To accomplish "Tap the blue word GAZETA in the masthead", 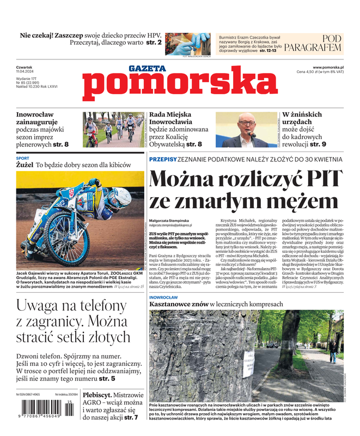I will (x=147, y=69).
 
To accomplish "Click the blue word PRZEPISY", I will (x=162, y=159).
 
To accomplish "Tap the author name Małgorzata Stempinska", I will (x=173, y=220).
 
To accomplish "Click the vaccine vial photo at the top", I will (x=188, y=44).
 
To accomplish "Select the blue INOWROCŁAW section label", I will (x=163, y=298).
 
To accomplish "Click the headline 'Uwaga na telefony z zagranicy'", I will (x=78, y=325).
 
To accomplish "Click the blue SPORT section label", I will (x=23, y=159).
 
